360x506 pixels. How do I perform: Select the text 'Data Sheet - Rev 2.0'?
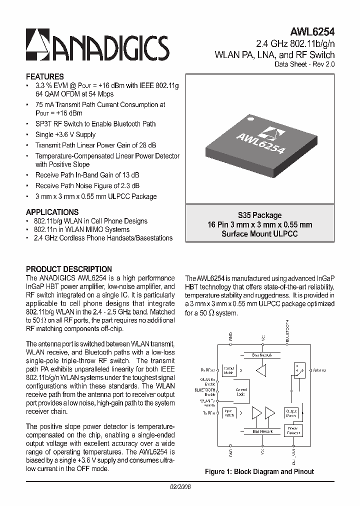304,64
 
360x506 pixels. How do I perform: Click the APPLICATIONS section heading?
52,211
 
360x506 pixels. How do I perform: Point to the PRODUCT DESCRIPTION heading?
68,269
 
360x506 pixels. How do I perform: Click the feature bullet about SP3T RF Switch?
95,124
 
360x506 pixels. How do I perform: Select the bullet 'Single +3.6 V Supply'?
65,134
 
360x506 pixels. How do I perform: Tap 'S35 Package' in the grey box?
259,215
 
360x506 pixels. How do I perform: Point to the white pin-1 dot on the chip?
252,118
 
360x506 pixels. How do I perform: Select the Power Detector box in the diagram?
292,430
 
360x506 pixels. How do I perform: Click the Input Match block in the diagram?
229,413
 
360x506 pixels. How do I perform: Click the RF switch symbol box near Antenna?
298,370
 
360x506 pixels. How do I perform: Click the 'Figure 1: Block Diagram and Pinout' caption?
259,471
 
